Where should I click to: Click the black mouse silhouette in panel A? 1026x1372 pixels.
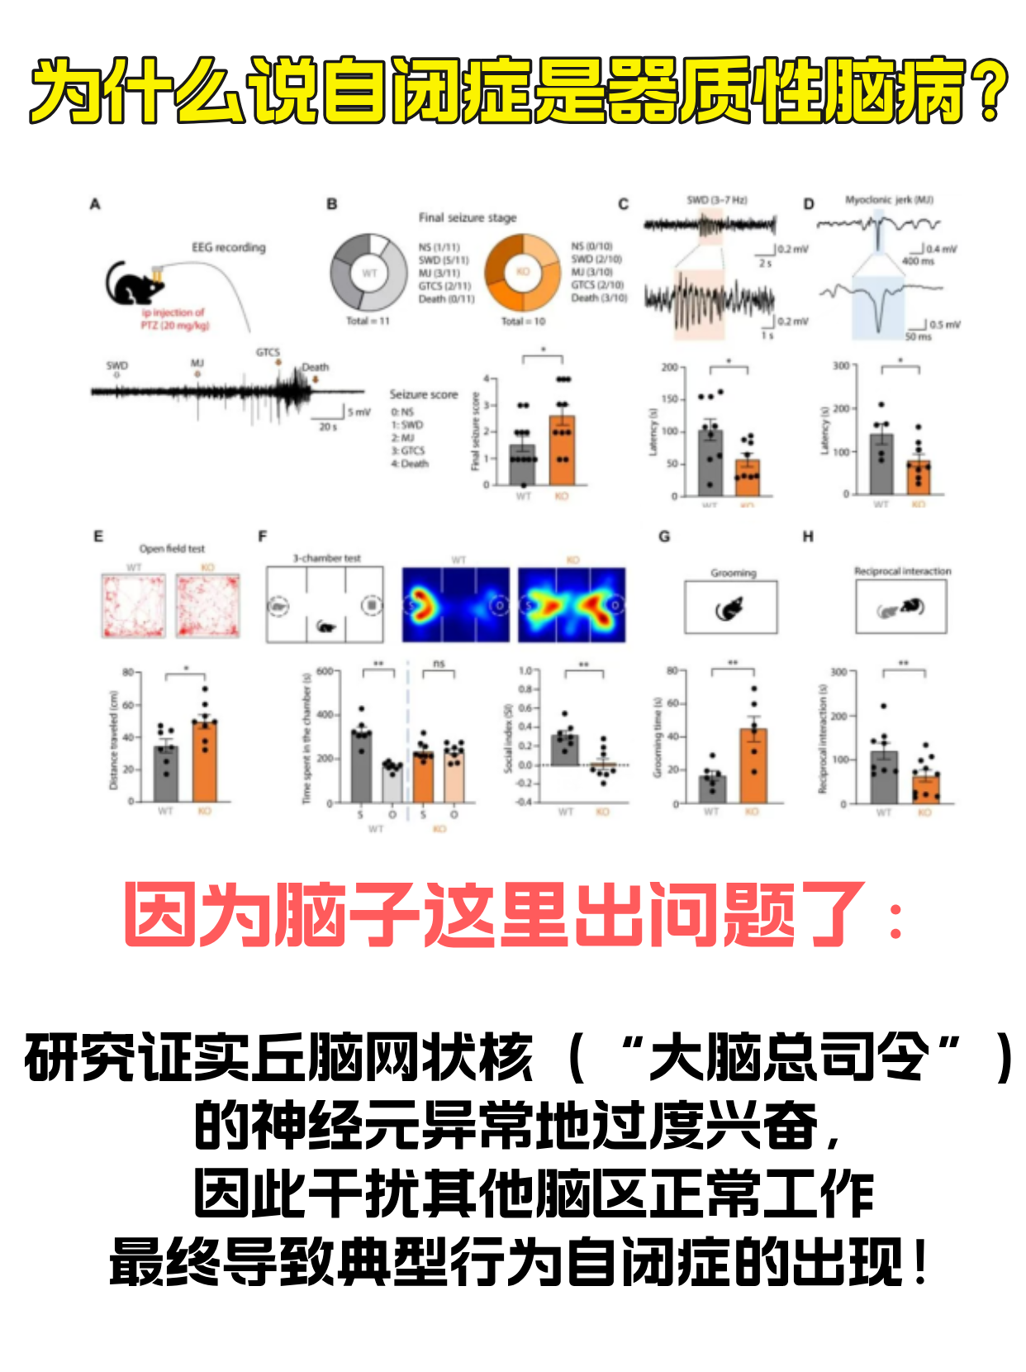135,283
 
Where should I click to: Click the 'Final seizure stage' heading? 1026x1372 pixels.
467,217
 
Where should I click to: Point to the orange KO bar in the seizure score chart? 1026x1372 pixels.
562,450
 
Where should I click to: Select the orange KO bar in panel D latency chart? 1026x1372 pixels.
918,478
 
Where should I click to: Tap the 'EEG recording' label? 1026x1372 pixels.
229,247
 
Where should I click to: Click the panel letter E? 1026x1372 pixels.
98,536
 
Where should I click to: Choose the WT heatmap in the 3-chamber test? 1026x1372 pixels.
455,604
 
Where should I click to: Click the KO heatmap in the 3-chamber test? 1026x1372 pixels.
572,604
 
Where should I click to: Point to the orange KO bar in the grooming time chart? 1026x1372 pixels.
753,765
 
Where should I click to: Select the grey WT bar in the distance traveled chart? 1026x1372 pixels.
166,774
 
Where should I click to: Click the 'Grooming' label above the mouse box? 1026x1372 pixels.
733,573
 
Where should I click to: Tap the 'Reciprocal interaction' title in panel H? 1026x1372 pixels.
902,571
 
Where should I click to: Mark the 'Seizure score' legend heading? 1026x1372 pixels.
423,394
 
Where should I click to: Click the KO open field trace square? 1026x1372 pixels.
207,606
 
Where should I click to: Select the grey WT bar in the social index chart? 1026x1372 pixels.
565,750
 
